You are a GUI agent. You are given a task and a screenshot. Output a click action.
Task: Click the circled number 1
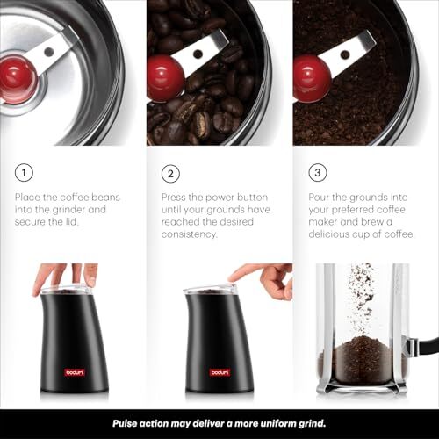pyautogui.click(x=24, y=172)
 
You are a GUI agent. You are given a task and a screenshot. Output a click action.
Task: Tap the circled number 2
pyautogui.click(x=170, y=174)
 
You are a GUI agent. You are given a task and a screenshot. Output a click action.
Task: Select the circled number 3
pyautogui.click(x=318, y=172)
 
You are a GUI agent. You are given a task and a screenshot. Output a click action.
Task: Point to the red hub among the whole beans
pyautogui.click(x=165, y=78)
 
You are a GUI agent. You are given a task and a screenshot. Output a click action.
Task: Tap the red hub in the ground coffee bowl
pyautogui.click(x=312, y=78)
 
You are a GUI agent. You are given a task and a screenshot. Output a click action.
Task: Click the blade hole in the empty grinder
pyautogui.click(x=49, y=52)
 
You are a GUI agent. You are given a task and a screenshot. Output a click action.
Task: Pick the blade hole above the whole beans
pyautogui.click(x=198, y=54)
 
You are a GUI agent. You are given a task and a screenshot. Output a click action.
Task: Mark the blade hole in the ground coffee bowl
pyautogui.click(x=345, y=54)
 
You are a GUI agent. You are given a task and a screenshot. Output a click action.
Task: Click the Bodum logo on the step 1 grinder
pyautogui.click(x=75, y=372)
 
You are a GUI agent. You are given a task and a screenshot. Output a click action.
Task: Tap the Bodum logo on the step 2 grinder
pyautogui.click(x=219, y=372)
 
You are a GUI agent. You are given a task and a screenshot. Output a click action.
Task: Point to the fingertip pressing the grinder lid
pyautogui.click(x=234, y=278)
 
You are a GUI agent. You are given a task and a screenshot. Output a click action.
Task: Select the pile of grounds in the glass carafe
pyautogui.click(x=363, y=360)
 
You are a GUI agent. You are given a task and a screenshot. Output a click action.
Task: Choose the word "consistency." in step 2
pyautogui.click(x=190, y=234)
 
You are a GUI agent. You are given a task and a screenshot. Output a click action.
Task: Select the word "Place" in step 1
pyautogui.click(x=27, y=197)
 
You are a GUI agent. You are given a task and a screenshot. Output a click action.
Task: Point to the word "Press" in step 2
pyautogui.click(x=174, y=197)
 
